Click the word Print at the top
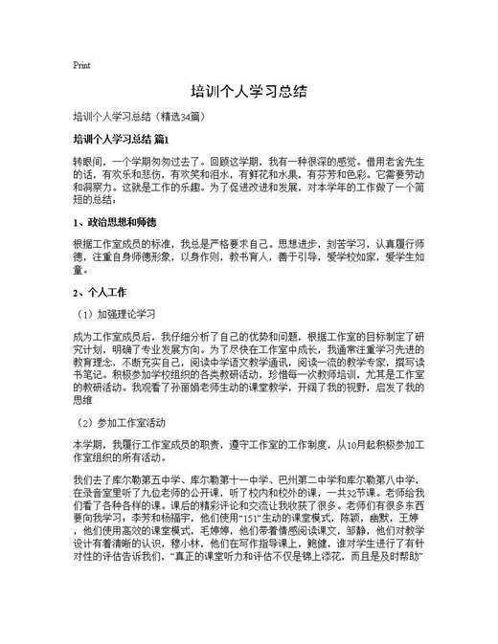coord(81,65)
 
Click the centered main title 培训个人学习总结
coord(248,92)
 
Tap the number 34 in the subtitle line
coord(195,117)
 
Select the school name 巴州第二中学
coord(303,480)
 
